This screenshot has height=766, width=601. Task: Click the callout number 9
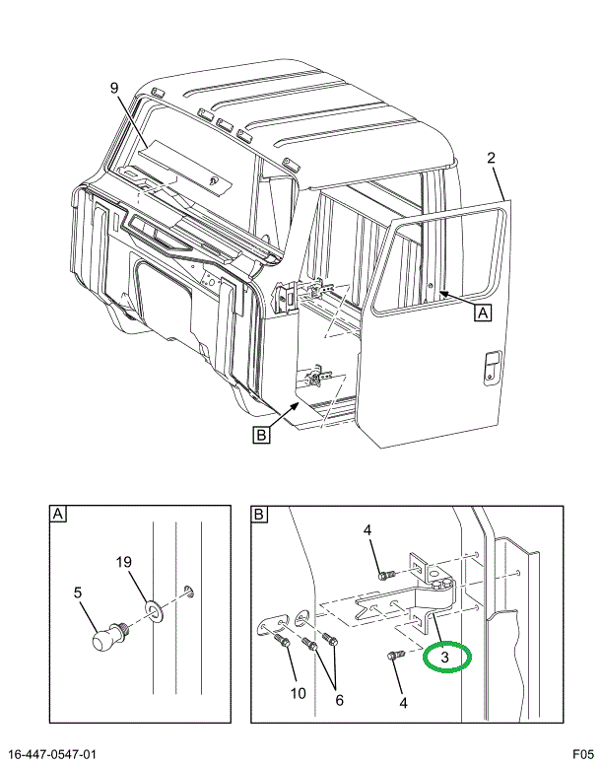(115, 88)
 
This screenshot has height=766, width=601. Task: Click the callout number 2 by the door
(491, 157)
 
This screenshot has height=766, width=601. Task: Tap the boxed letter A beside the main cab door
(483, 313)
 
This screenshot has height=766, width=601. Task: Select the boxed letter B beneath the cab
(261, 434)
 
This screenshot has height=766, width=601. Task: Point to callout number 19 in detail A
(124, 564)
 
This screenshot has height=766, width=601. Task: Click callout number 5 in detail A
(79, 593)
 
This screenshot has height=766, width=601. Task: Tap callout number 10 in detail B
(297, 693)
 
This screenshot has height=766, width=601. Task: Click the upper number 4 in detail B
(367, 531)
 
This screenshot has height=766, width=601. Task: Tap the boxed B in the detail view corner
(260, 515)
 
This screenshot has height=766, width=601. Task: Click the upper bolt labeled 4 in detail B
(385, 573)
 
